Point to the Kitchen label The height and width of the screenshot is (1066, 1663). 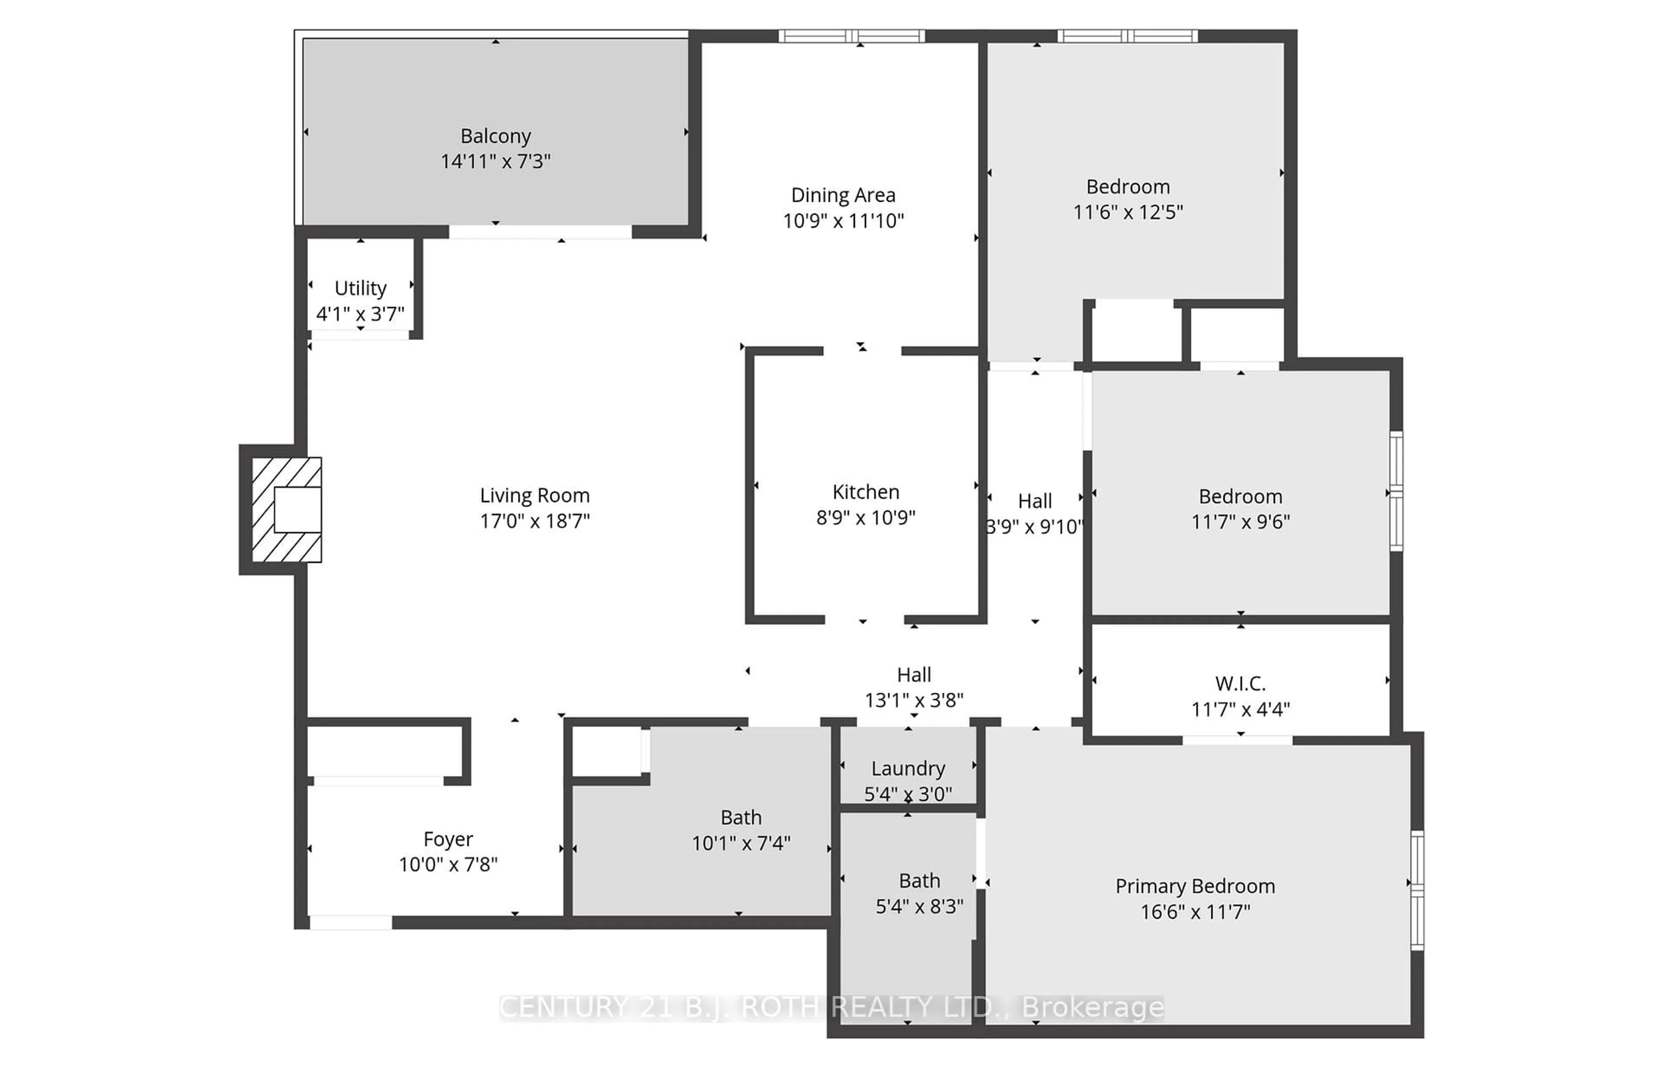865,492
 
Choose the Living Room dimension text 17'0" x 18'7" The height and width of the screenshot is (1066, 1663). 534,520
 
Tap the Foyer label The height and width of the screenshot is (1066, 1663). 448,839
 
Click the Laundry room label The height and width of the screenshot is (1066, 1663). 908,769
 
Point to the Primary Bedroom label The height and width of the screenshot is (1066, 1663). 1195,886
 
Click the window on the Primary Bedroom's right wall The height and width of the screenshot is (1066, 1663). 1417,889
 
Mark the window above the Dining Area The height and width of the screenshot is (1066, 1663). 851,36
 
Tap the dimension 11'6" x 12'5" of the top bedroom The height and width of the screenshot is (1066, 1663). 1128,212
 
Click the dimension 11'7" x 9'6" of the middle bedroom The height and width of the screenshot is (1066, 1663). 1240,521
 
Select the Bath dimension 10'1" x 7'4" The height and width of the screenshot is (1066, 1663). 741,843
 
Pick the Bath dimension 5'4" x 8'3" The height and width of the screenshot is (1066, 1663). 919,906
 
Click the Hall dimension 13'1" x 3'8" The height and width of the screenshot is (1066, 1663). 914,700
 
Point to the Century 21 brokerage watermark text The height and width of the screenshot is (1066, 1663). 831,1007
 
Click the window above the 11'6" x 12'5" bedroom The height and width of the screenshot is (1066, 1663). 1127,36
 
